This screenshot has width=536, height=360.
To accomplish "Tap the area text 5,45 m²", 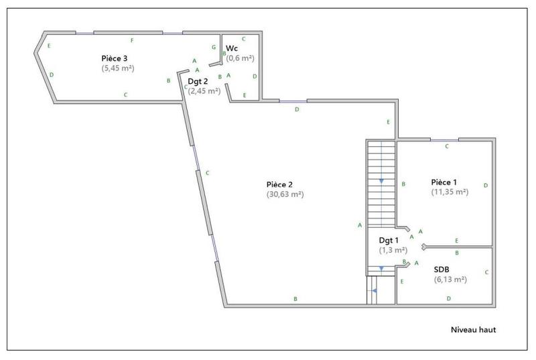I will click(x=118, y=68).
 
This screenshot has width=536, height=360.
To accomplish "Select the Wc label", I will click(x=232, y=48).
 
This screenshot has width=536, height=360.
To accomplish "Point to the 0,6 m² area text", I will click(x=241, y=58).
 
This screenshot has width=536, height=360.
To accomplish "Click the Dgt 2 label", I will click(x=198, y=81).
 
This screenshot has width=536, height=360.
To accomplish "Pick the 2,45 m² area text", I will click(x=204, y=91).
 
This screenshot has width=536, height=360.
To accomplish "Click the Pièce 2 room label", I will click(x=279, y=184).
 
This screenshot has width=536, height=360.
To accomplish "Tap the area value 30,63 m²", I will click(x=285, y=194).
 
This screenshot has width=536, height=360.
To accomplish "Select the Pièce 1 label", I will click(x=444, y=182).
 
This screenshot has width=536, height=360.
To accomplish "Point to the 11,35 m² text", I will click(x=450, y=192).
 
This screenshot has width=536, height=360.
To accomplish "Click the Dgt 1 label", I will click(x=389, y=240).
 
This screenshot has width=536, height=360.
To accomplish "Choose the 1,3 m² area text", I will click(x=393, y=250).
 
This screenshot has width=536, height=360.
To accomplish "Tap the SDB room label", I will click(x=442, y=269).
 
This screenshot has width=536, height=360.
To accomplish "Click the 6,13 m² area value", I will click(x=450, y=280).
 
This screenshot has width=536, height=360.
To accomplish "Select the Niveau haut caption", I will click(x=472, y=330).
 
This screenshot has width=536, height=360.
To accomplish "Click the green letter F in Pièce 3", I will click(x=132, y=41).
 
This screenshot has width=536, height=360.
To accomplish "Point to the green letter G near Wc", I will click(x=213, y=47).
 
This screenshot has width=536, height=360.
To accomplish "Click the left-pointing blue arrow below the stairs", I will click(x=375, y=290).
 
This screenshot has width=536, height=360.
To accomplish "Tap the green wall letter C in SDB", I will click(x=486, y=272).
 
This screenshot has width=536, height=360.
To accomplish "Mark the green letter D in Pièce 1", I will click(x=485, y=184).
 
